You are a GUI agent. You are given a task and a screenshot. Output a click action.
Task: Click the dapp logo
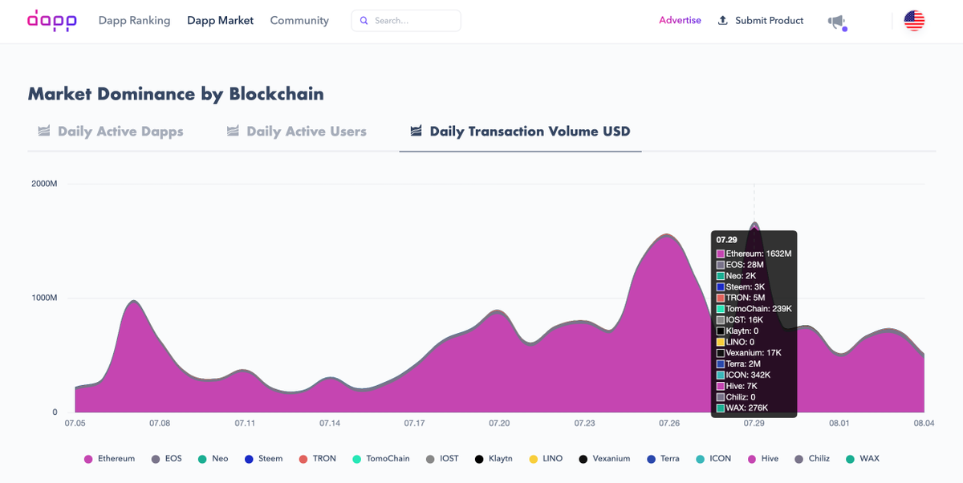coord(52,21)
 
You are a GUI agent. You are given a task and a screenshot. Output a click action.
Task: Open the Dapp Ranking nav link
coord(134,21)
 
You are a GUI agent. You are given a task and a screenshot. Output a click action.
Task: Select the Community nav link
coord(299,21)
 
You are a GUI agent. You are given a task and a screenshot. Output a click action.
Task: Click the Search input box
coord(406,21)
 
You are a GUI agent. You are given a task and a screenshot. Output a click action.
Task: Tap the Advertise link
coord(680,20)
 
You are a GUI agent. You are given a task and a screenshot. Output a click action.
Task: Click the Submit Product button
coord(761,21)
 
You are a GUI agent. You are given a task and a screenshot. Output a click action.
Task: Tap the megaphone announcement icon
coord(837,22)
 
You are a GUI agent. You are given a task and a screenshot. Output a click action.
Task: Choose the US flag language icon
coord(914,21)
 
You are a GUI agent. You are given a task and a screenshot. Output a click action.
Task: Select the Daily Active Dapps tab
coord(111,131)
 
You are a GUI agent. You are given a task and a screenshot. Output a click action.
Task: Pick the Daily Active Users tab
coord(296,131)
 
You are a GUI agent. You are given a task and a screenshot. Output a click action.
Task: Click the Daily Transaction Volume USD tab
coord(520,131)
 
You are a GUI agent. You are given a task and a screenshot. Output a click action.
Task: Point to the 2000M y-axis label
coord(44,184)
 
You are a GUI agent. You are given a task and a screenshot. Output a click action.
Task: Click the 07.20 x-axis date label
coord(499,424)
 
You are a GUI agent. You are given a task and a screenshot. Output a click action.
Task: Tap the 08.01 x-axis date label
coord(839,424)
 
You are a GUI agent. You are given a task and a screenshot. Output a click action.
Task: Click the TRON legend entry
coord(318,458)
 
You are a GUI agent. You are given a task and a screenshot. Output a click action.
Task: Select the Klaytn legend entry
coord(494,458)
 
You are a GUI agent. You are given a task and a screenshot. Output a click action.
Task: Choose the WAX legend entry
coord(863,458)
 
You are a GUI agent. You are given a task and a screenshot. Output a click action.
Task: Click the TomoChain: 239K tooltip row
coord(754,309)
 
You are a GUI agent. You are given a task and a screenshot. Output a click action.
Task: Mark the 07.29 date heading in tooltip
coord(726,240)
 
